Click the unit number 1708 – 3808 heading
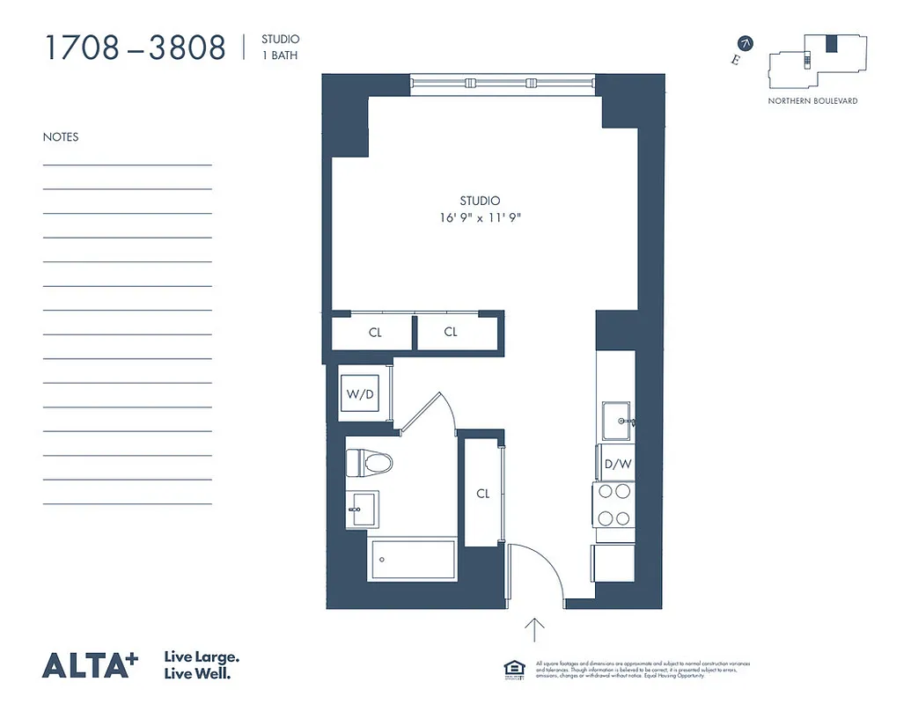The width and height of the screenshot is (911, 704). [135, 48]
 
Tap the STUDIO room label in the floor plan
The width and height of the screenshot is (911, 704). [480, 201]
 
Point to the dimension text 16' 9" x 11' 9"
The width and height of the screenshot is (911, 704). [480, 217]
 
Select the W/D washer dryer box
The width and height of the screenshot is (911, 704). [361, 394]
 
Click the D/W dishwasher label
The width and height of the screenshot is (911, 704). [615, 465]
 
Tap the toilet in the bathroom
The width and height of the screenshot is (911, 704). [368, 461]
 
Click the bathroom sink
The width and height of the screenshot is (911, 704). [361, 509]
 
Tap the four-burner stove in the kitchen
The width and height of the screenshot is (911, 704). [615, 505]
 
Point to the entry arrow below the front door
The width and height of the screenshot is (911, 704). [535, 631]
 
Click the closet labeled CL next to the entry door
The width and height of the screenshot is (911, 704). [482, 494]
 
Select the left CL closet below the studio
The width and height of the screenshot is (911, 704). [374, 333]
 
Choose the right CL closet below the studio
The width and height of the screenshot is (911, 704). [451, 333]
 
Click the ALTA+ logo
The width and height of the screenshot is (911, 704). [91, 664]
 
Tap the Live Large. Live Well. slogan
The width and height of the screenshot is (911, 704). [202, 665]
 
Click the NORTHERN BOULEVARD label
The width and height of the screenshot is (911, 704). [812, 101]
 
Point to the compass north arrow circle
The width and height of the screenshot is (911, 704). [746, 43]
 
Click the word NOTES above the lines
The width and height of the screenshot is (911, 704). [61, 137]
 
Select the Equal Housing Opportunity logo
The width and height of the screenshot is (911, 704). [512, 668]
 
